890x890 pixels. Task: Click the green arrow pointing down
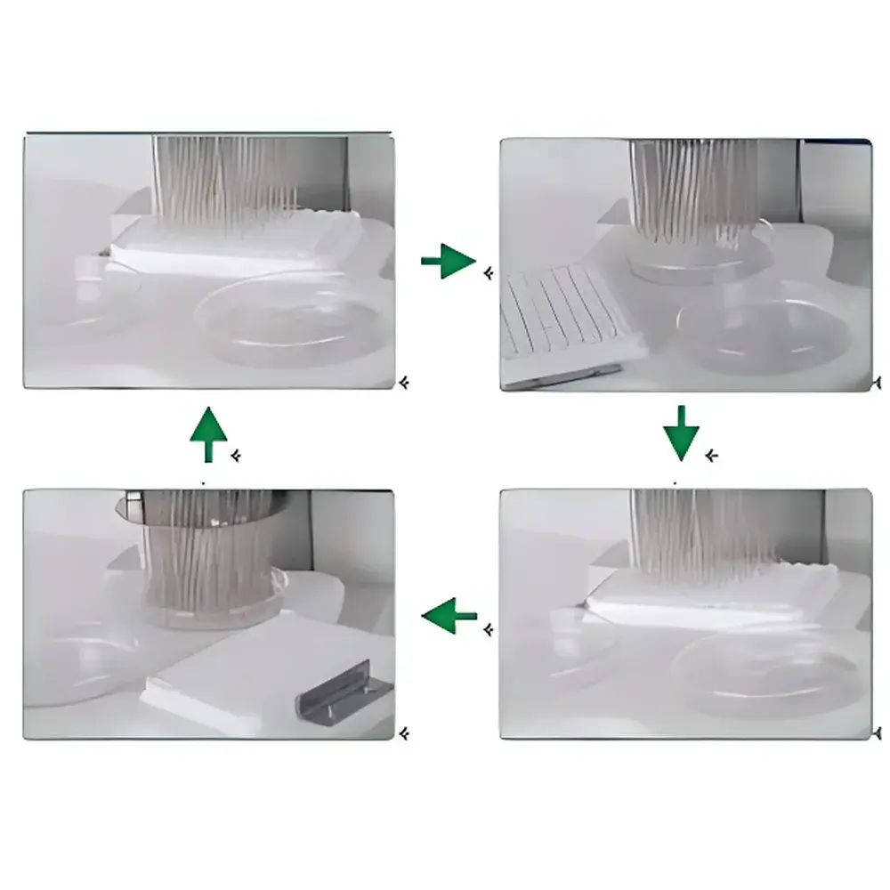[681, 433]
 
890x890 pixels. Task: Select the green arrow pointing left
[449, 615]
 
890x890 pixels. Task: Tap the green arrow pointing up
[209, 434]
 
